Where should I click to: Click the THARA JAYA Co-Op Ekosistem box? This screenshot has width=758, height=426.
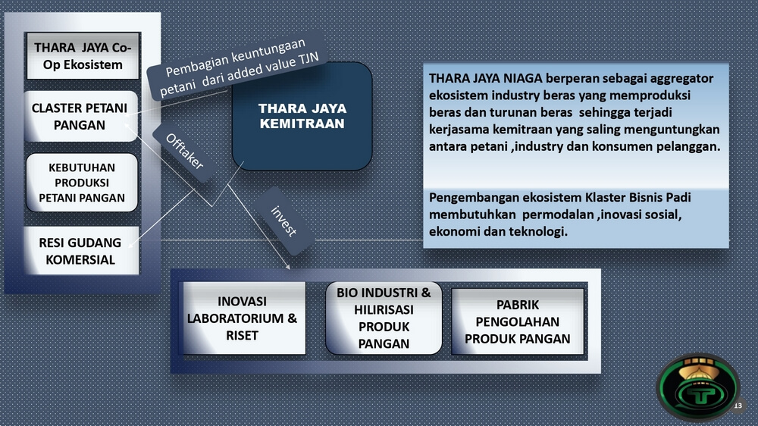(83, 55)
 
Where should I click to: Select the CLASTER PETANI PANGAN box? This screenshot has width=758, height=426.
(81, 116)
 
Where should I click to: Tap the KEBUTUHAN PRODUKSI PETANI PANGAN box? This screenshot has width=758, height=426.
(82, 183)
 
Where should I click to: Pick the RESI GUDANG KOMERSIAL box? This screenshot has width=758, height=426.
(81, 250)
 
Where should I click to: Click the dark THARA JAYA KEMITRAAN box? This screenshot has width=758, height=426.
(302, 116)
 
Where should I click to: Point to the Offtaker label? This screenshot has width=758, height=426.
(184, 152)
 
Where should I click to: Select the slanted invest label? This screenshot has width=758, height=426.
(283, 221)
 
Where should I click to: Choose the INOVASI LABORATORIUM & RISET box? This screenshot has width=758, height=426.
(243, 318)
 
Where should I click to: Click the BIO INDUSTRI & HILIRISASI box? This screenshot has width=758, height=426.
(384, 318)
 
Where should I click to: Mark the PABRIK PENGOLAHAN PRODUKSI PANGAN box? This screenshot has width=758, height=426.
(518, 321)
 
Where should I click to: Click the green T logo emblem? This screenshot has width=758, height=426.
(698, 387)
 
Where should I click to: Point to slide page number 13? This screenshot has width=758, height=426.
(738, 406)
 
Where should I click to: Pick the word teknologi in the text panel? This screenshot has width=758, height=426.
(541, 232)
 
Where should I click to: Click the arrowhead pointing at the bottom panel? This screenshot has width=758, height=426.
(288, 266)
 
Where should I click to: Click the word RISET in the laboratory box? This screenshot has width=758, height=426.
(243, 336)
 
